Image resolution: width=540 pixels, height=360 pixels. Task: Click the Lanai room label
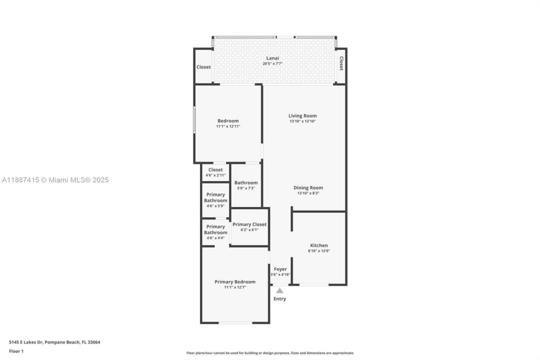pyautogui.click(x=272, y=58)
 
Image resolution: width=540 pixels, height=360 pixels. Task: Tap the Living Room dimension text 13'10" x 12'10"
pyautogui.click(x=302, y=121)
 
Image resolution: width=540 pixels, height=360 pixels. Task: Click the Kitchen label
pyautogui.click(x=319, y=245)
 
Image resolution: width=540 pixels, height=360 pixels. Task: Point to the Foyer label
pyautogui.click(x=280, y=269)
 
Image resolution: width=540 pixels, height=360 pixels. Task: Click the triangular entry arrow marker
pyautogui.click(x=280, y=290)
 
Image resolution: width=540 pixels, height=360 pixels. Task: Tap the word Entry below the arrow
pyautogui.click(x=279, y=299)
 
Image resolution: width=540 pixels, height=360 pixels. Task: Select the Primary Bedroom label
pyautogui.click(x=235, y=281)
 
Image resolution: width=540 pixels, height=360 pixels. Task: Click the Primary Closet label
pyautogui.click(x=249, y=224)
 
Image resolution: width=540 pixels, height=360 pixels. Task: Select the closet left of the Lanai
pyautogui.click(x=203, y=67)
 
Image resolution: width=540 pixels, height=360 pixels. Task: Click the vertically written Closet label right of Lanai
pyautogui.click(x=341, y=63)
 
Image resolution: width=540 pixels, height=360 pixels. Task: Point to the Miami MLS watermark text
pyautogui.click(x=55, y=180)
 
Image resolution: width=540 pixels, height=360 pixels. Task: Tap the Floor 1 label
pyautogui.click(x=16, y=351)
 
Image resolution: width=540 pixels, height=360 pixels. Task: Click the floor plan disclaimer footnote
pyautogui.click(x=270, y=353)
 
